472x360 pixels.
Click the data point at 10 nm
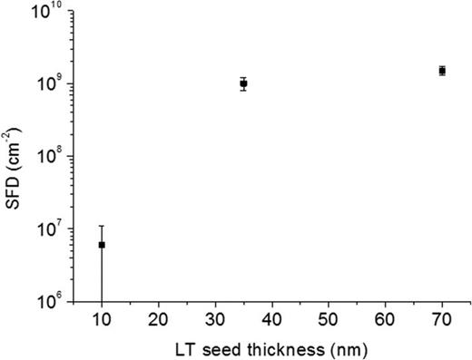click(102, 245)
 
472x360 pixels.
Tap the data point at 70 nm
click(442, 70)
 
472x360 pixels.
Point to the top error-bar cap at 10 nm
click(102, 226)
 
